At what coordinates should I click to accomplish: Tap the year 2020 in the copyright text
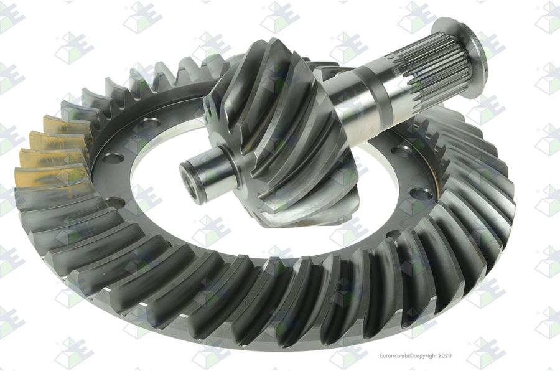445,355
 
